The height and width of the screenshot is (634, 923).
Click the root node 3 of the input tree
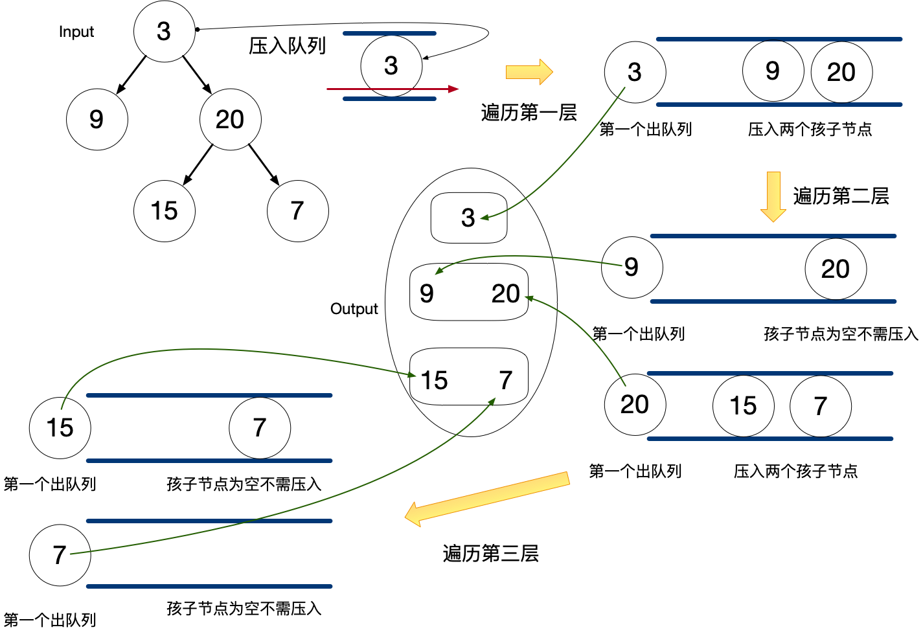pos(164,31)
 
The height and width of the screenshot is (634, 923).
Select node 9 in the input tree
pos(97,119)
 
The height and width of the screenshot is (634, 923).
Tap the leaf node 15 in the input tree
pos(164,211)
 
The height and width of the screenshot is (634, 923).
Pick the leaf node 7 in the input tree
pos(297,211)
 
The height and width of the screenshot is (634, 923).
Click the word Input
pos(76,32)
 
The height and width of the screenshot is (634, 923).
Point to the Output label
pos(354,309)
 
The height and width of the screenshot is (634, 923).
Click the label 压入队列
pos(287,46)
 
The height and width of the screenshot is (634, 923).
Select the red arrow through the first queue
pos(392,89)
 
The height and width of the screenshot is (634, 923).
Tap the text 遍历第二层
pos(841,196)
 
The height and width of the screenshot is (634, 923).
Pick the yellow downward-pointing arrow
pos(773,196)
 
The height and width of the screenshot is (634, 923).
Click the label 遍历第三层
pos(490,554)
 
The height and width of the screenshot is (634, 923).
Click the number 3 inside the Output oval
pos(468,218)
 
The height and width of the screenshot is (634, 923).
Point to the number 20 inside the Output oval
pos(505,294)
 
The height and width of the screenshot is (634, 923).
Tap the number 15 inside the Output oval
pos(434,381)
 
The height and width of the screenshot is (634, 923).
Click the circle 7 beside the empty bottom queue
pos(60,555)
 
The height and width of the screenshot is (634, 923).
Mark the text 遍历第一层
pos(529,113)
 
